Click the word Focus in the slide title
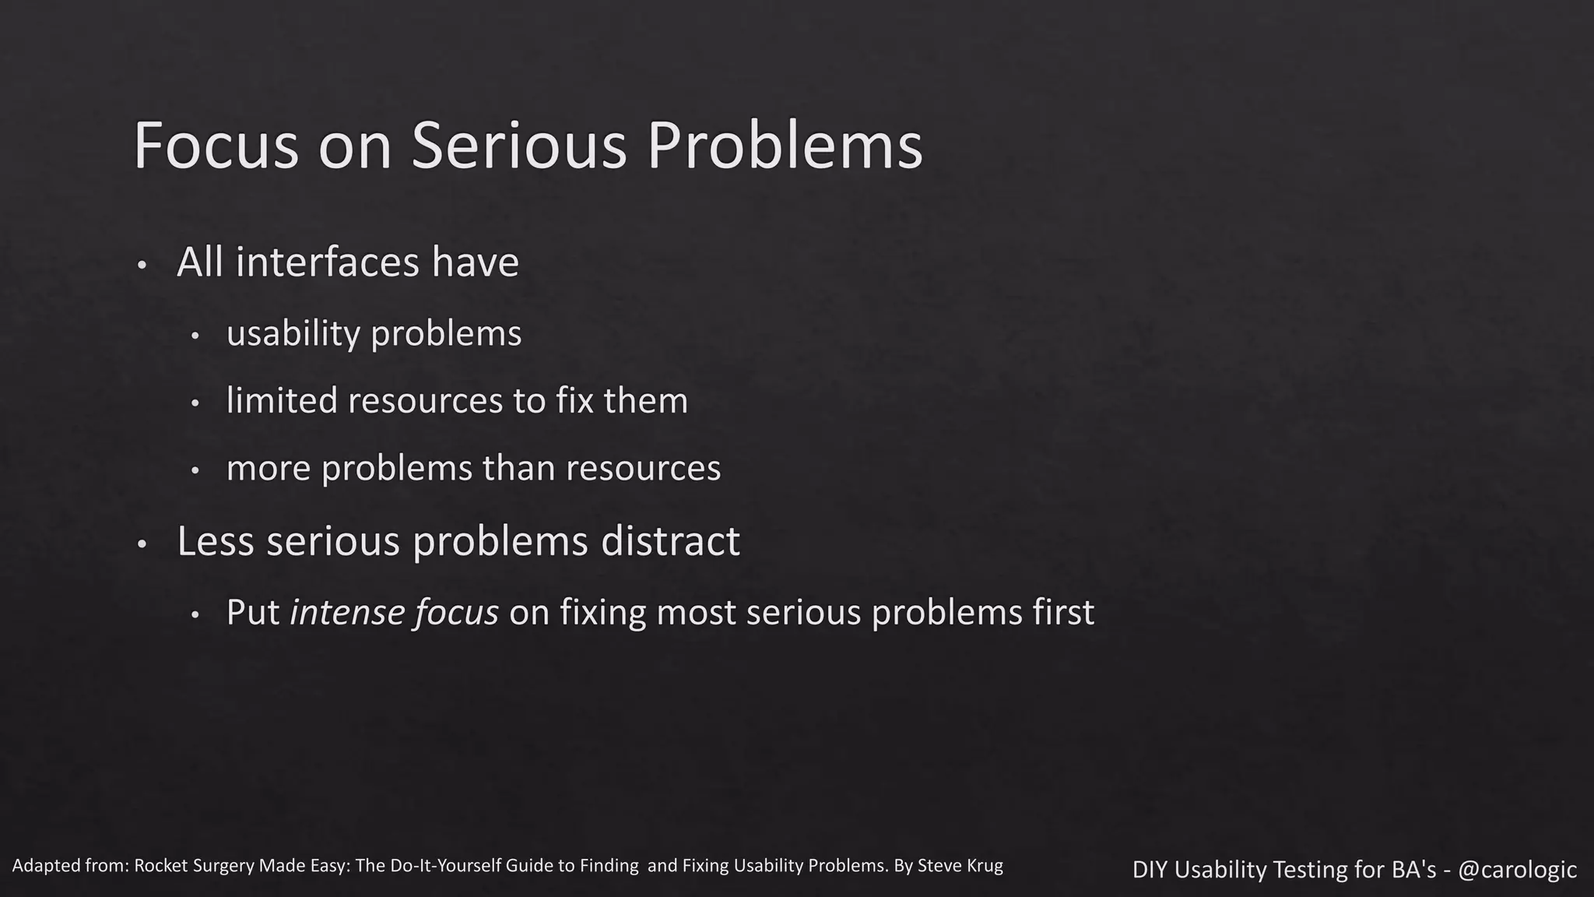[216, 146]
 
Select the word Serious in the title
[518, 146]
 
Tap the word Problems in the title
[785, 146]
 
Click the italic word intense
[347, 613]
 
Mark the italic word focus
[457, 613]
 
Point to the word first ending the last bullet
[1063, 613]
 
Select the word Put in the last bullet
[252, 613]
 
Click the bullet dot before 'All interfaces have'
[141, 266]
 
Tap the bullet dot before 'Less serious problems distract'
[141, 545]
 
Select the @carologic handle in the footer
[1517, 869]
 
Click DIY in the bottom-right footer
[1149, 869]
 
